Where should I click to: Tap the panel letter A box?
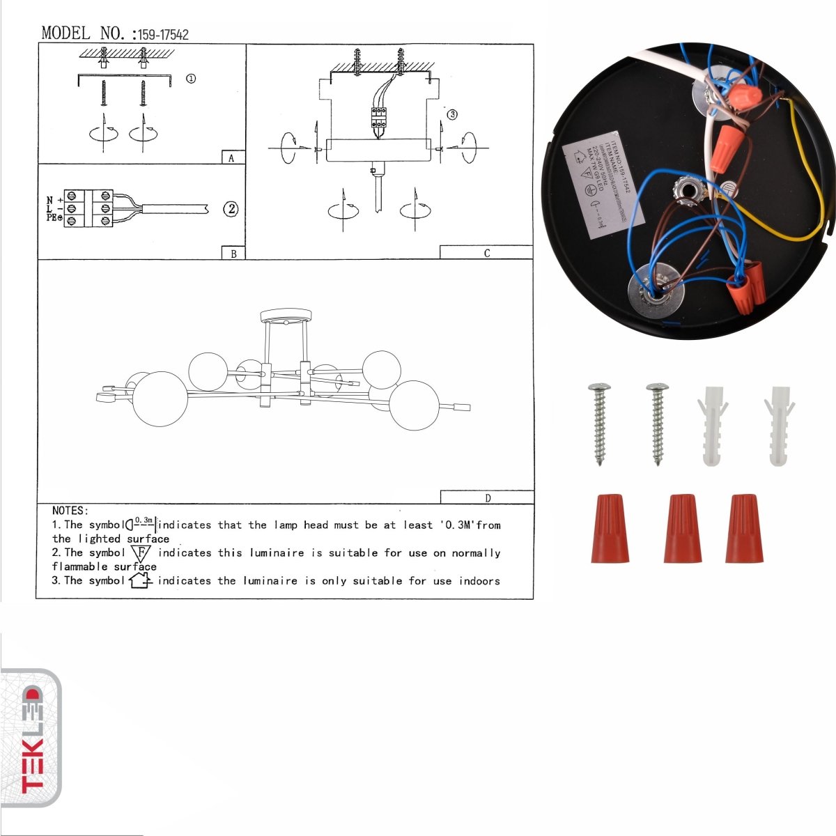click(x=233, y=158)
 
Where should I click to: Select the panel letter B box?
click(x=233, y=254)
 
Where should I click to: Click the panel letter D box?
click(x=487, y=497)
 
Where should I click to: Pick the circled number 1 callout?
click(x=191, y=79)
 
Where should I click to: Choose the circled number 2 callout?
click(x=231, y=208)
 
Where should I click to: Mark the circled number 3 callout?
click(x=452, y=114)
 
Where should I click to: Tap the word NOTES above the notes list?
click(x=70, y=511)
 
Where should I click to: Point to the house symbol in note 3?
click(x=140, y=580)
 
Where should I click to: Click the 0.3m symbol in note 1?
click(x=141, y=524)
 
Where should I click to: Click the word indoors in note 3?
click(x=479, y=580)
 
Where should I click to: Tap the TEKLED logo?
click(x=31, y=738)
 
